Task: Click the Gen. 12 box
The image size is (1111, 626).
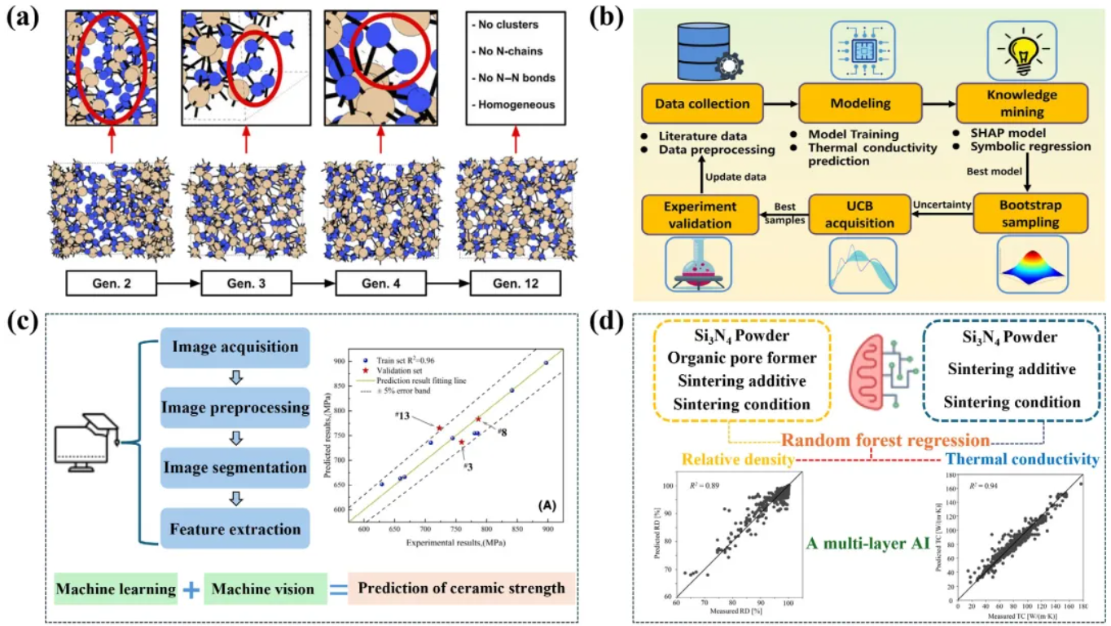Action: [x=516, y=283]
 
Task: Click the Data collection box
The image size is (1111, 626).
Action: [x=702, y=104]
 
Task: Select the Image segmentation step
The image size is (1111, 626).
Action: [x=235, y=468]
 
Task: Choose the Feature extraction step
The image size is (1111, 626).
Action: [x=235, y=530]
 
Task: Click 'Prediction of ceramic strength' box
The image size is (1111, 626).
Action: [x=461, y=588]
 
